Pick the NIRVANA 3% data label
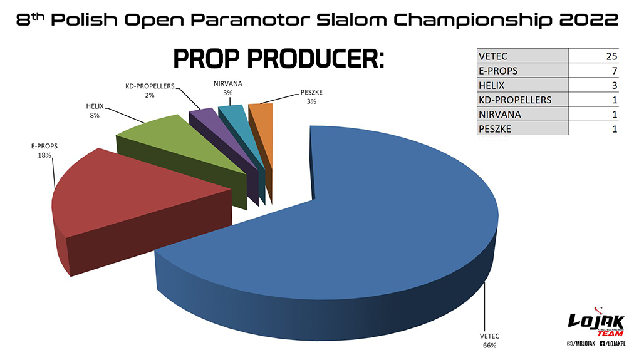point(228,88)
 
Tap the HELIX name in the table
point(492,85)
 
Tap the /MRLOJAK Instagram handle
point(577,344)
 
